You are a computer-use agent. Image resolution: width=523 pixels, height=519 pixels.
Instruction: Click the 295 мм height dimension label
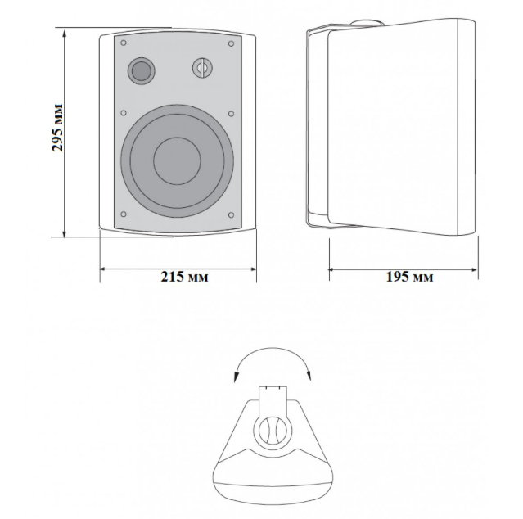point(58,128)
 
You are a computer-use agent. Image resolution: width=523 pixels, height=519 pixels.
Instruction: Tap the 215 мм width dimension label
point(184,277)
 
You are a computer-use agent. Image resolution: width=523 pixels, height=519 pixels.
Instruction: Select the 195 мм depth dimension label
point(409,277)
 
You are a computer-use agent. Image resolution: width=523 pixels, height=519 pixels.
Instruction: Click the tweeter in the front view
point(141,70)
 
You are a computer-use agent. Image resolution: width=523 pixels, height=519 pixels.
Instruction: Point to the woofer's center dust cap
point(177,160)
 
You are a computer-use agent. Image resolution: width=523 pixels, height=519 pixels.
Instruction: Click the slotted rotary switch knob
point(202,68)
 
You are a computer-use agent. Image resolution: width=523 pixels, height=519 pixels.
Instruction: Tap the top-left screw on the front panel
point(124,43)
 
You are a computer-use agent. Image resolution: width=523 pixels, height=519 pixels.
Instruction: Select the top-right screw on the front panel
point(231,43)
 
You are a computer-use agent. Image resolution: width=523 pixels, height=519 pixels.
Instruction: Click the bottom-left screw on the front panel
point(124,214)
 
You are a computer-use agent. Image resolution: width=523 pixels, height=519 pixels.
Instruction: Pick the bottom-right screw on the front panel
point(231,214)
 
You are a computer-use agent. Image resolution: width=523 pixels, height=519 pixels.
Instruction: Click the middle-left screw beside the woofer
point(124,113)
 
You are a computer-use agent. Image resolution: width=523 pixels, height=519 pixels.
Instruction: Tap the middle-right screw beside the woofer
point(231,114)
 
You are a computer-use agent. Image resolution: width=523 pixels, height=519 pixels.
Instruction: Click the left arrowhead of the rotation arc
point(237,377)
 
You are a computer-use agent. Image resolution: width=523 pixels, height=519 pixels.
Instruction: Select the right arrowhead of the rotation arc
point(309,375)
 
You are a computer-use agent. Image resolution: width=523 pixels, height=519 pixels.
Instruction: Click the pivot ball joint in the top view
point(273,431)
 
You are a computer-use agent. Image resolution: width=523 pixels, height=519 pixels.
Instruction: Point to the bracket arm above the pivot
point(273,402)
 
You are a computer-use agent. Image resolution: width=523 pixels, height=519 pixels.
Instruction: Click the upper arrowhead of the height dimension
point(65,34)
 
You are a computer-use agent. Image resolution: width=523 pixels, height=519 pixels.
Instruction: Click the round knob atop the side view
point(367,23)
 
